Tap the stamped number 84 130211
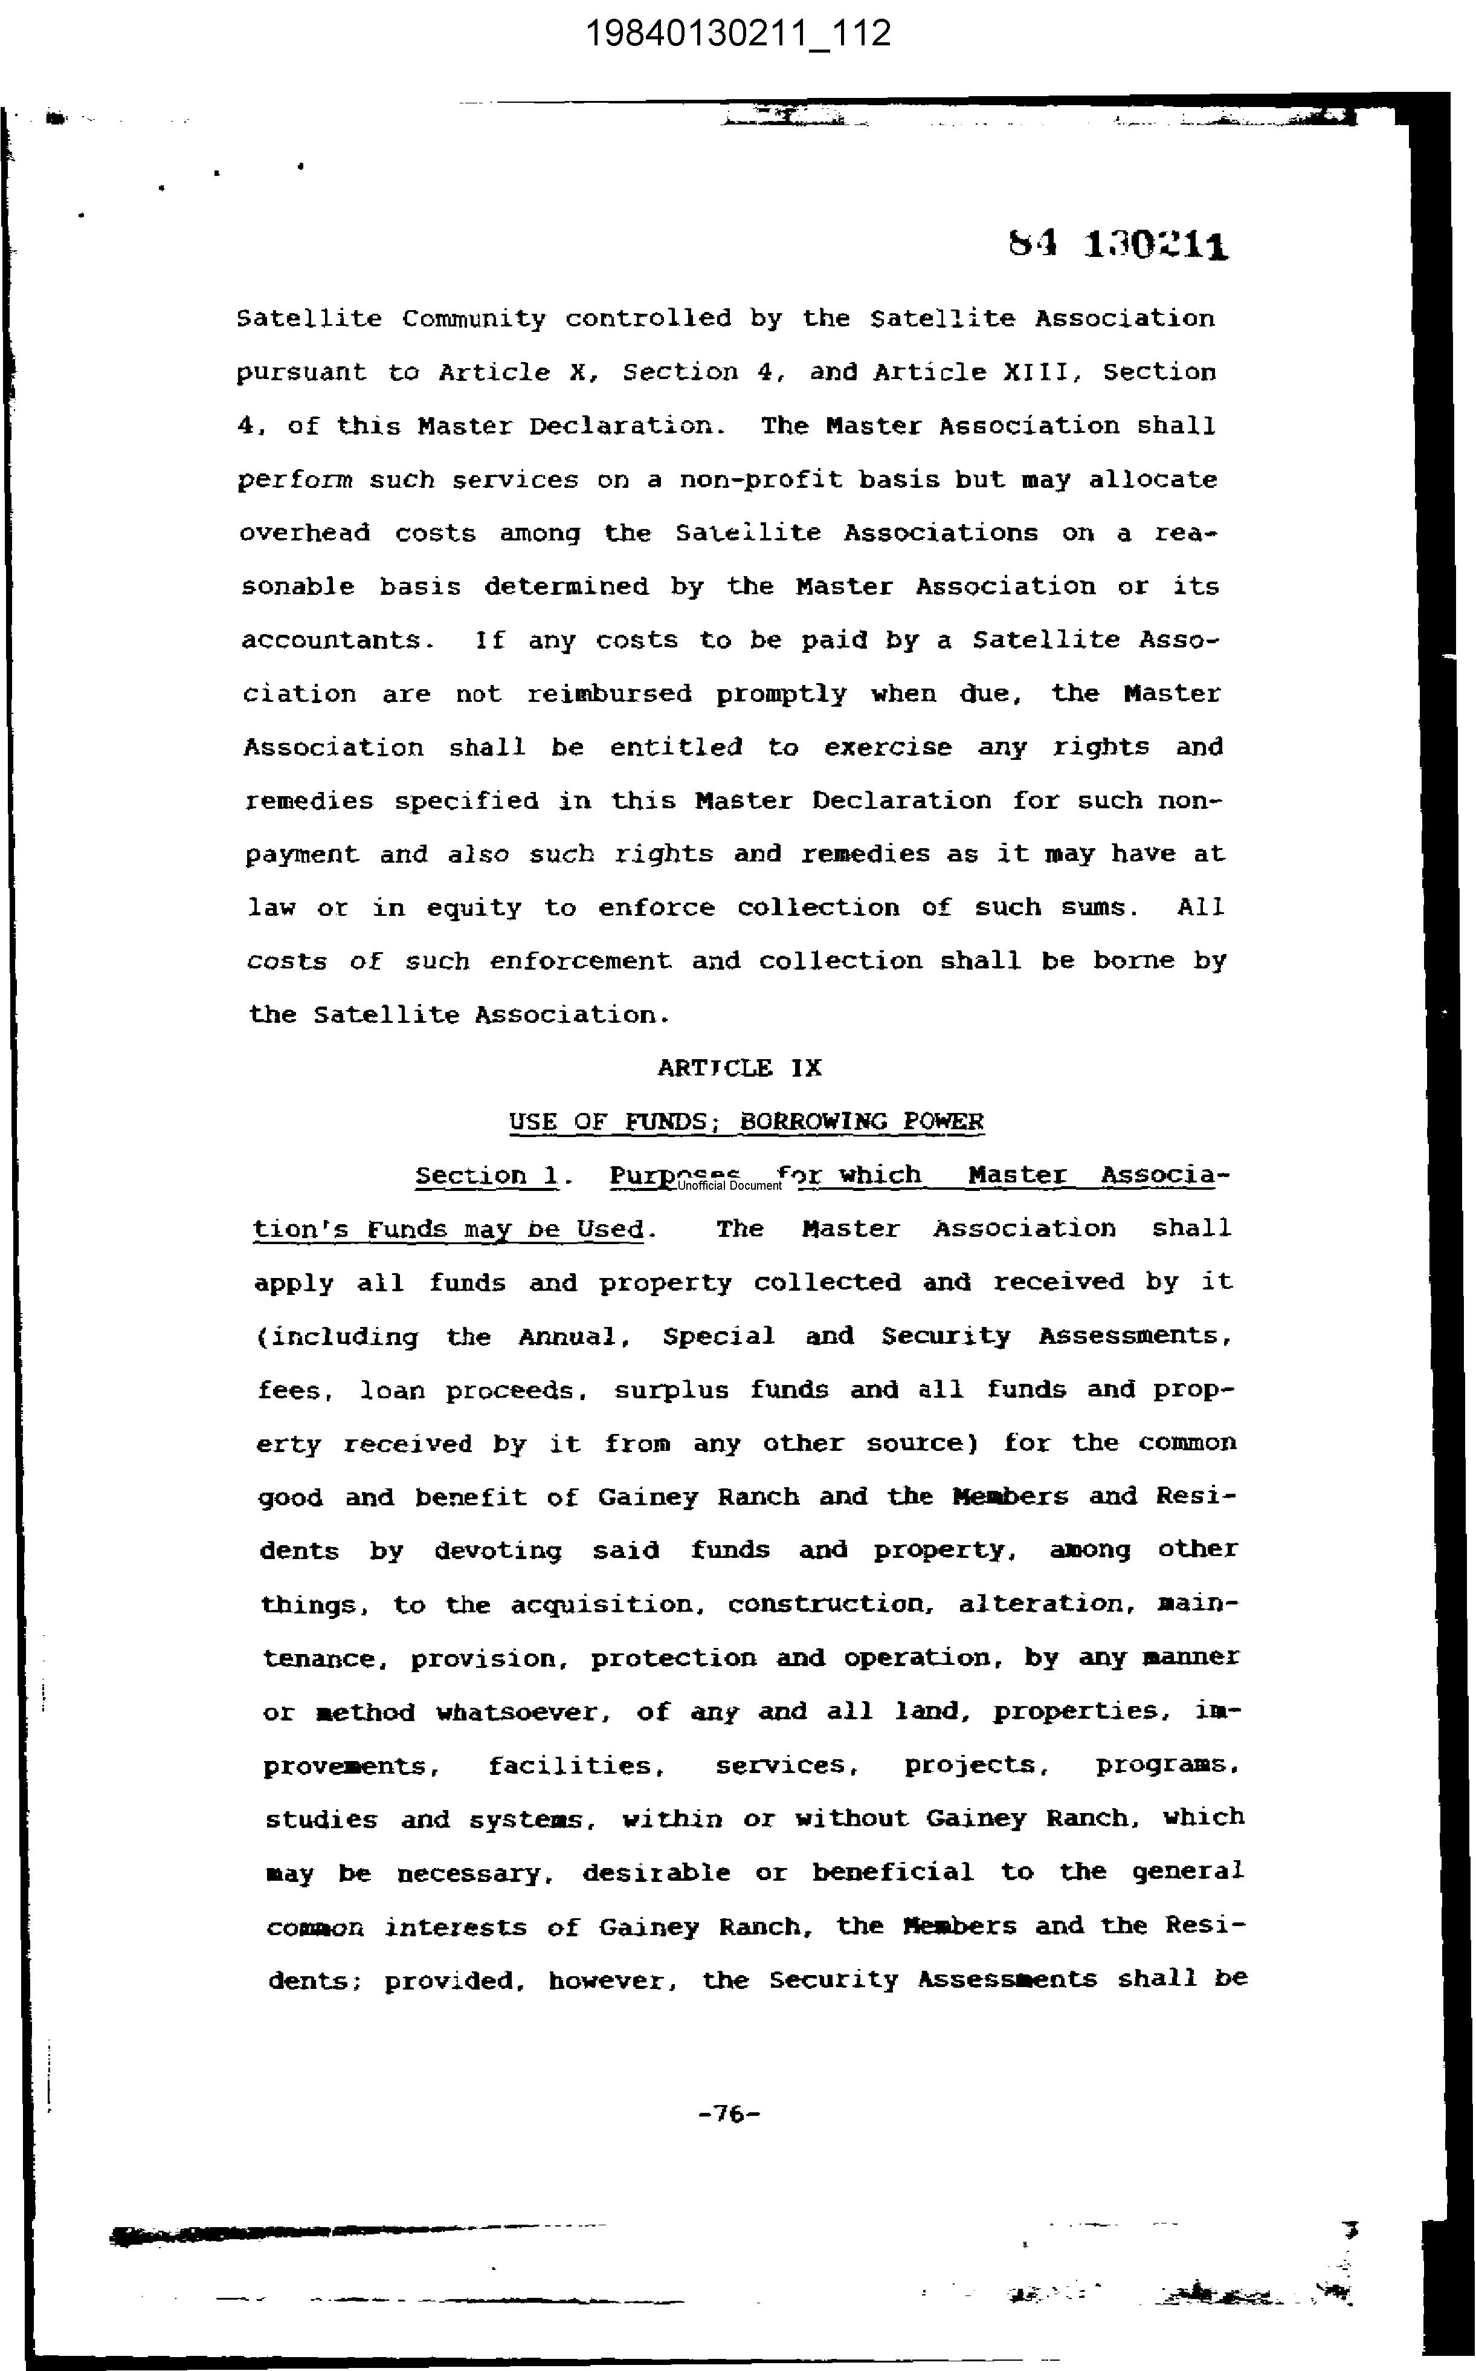coord(1119,245)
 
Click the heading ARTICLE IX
coord(739,1068)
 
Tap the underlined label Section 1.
coord(487,1176)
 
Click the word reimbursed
coord(609,694)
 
